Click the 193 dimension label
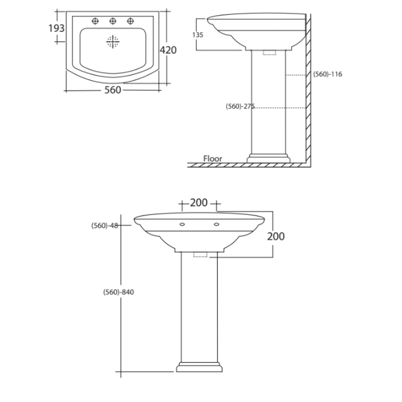click(x=56, y=28)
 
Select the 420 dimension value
click(x=168, y=50)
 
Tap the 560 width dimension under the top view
click(x=112, y=90)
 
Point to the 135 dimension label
click(x=198, y=35)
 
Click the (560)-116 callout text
click(x=328, y=74)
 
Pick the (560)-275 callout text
click(x=240, y=106)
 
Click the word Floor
click(x=213, y=159)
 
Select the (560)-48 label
click(x=105, y=226)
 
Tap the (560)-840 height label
click(x=118, y=292)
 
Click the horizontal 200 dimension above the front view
click(x=199, y=203)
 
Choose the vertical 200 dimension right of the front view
click(x=275, y=236)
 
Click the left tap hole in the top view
click(x=95, y=21)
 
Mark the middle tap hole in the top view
click(x=113, y=21)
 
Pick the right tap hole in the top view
click(x=130, y=21)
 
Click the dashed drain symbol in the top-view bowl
click(x=113, y=42)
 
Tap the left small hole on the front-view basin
click(x=182, y=224)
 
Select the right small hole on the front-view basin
click(x=216, y=224)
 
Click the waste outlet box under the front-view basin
click(x=200, y=255)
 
